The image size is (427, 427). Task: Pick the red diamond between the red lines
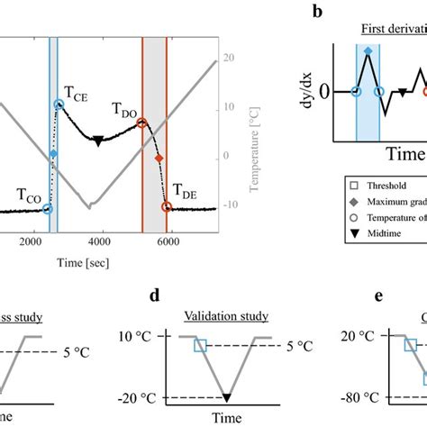point(159,159)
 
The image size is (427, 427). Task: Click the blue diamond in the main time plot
point(53,155)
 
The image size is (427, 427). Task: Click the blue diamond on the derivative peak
point(368,51)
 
